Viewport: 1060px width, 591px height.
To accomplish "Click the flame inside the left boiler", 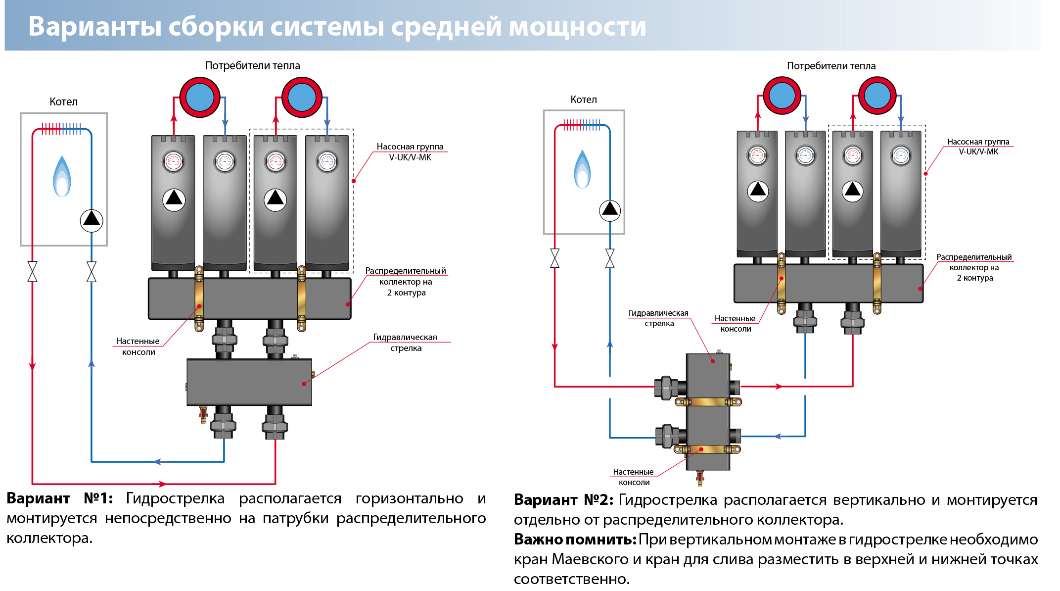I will [x=62, y=177].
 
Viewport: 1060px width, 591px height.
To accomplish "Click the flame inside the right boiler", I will [x=582, y=169].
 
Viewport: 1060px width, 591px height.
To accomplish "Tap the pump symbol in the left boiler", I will [x=92, y=220].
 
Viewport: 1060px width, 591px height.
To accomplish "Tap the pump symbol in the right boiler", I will [x=610, y=210].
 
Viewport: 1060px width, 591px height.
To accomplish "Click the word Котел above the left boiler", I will [x=63, y=102].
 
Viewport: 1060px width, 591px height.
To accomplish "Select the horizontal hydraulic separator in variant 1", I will [x=249, y=382].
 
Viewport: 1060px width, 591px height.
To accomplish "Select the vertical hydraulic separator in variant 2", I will [x=708, y=411].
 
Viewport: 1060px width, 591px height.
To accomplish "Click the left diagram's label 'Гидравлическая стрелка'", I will [x=405, y=343].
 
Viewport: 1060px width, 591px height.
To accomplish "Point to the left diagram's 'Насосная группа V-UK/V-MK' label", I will [x=410, y=152].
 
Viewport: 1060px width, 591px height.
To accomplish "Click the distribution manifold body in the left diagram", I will [x=249, y=298].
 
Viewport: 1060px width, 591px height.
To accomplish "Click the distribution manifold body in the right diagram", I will [x=828, y=283].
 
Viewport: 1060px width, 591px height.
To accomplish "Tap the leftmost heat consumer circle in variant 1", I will [x=200, y=98].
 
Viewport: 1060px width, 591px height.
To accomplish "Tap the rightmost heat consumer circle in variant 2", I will [x=877, y=96].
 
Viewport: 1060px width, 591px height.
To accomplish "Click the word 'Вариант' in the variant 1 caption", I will [x=39, y=498].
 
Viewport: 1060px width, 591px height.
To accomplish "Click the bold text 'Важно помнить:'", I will [x=575, y=539].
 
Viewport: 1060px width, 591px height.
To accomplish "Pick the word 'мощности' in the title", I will [x=577, y=27].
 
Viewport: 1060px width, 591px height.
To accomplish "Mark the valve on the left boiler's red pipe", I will [x=33, y=272].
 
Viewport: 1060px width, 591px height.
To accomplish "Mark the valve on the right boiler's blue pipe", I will [x=610, y=258].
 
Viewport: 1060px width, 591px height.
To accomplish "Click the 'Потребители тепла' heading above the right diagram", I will [x=831, y=66].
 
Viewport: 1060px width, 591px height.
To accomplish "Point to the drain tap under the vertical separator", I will [x=700, y=477].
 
